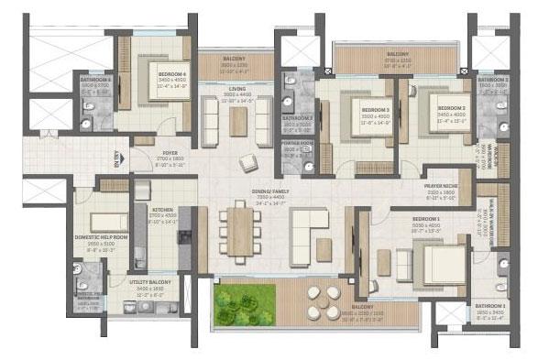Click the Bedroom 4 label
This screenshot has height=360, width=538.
pos(147,74)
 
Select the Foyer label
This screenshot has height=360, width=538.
pos(170,155)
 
